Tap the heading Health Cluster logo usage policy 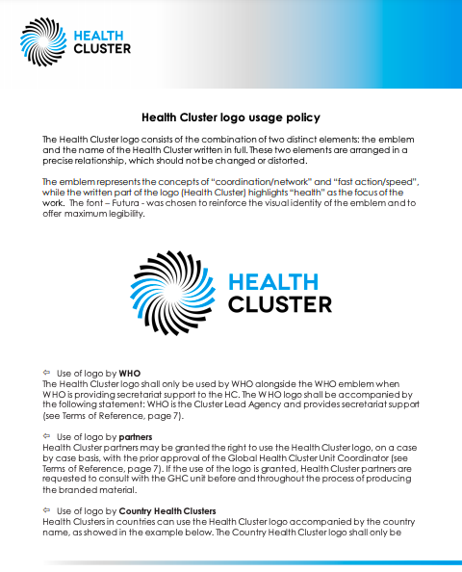[x=231, y=118]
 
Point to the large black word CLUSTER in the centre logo [x=279, y=304]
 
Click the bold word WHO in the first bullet [x=130, y=372]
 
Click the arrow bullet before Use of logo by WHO [x=46, y=372]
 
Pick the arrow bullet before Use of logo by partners [x=46, y=436]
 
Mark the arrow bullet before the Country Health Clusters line [x=46, y=509]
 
